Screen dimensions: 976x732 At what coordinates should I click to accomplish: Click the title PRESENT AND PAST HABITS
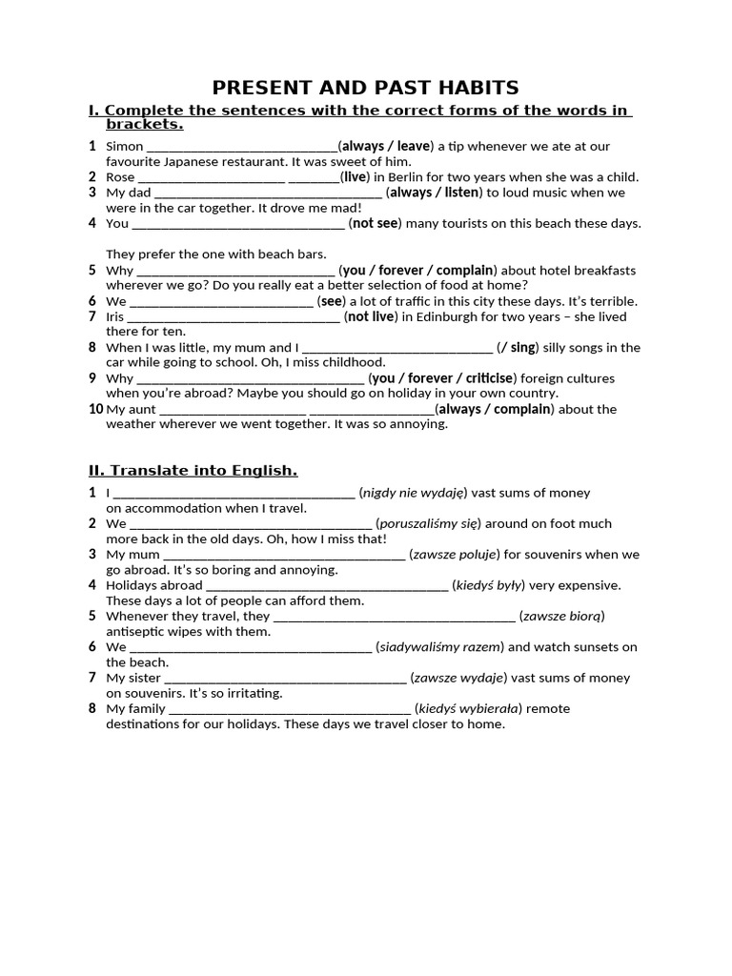tap(365, 88)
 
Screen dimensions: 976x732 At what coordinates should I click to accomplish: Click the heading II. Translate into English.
tap(193, 470)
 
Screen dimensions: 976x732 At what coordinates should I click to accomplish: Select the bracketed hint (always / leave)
tap(386, 146)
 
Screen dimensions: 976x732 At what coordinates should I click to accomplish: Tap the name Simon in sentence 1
tap(124, 146)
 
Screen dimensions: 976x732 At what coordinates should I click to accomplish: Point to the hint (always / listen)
tap(434, 193)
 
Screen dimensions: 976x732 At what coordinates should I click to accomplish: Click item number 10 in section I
tap(95, 409)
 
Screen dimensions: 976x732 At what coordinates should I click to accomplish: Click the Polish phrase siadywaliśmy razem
tap(439, 646)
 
